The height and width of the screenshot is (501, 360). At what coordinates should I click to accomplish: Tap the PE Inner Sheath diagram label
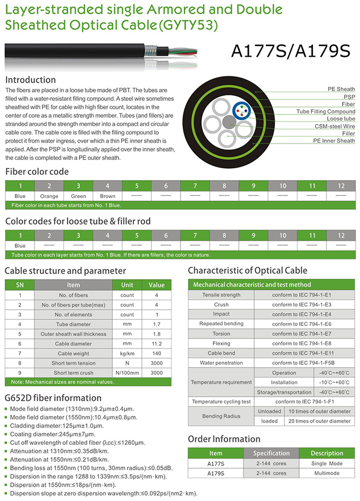click(x=334, y=141)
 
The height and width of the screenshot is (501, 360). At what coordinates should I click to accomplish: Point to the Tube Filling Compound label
click(x=326, y=112)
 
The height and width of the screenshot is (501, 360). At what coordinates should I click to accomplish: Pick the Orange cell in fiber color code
click(x=49, y=196)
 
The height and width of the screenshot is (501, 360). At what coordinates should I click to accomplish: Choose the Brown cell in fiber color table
click(x=107, y=196)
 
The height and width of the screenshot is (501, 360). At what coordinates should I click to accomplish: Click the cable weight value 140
click(x=157, y=353)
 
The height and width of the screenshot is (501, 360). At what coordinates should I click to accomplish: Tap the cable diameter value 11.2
click(x=157, y=343)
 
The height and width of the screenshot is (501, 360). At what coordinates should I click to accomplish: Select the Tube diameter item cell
click(x=74, y=324)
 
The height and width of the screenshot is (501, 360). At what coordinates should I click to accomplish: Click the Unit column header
click(x=127, y=285)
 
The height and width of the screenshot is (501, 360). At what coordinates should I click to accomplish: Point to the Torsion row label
click(x=221, y=334)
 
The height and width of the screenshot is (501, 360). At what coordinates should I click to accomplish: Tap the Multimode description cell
click(x=327, y=473)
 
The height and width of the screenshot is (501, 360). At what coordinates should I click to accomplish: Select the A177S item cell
click(x=215, y=463)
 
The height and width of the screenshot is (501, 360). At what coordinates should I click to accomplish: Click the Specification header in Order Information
click(x=271, y=453)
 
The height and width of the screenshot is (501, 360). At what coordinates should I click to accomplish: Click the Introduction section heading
click(x=30, y=80)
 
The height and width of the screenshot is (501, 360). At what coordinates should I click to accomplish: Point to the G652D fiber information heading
click(x=53, y=398)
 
